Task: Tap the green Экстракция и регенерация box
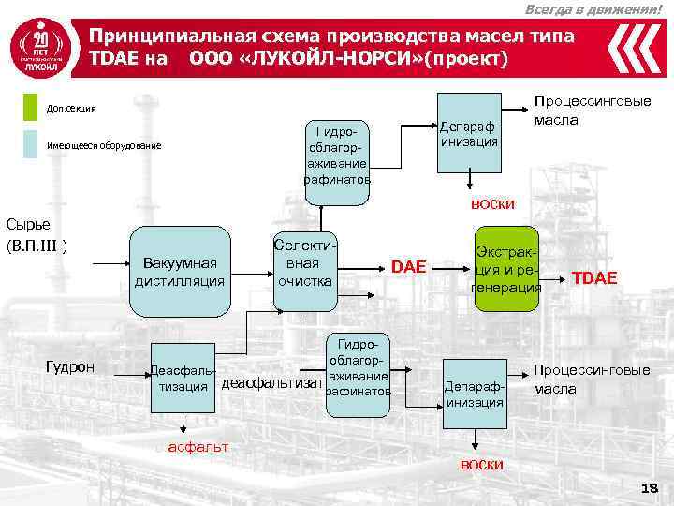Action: point(506,270)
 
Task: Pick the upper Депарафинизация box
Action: point(468,134)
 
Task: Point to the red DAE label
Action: point(408,268)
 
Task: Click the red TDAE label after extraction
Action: point(594,276)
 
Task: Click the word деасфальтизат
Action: point(271,382)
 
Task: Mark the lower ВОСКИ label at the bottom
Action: point(482,465)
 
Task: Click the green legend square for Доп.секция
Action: point(31,108)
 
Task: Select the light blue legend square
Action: point(31,144)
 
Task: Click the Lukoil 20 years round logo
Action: point(39,47)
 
